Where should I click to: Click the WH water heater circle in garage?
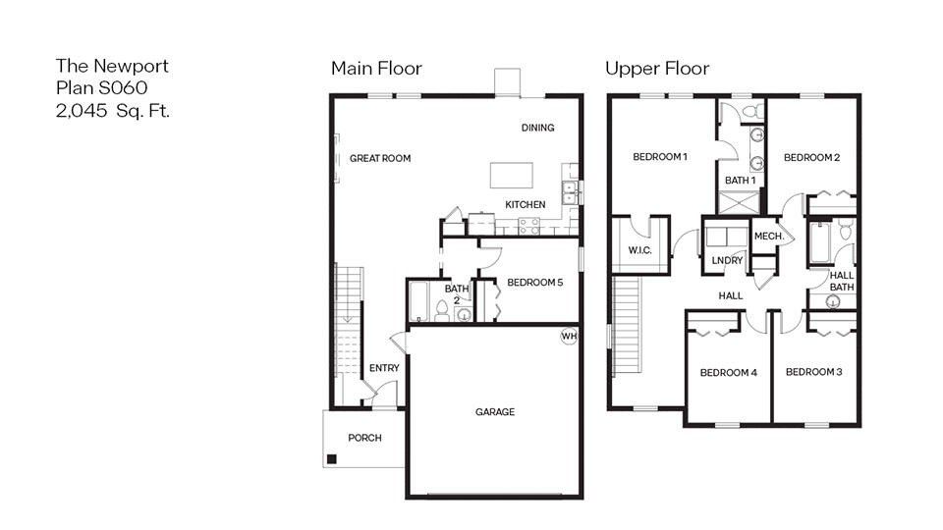click(569, 337)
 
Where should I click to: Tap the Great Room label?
click(380, 158)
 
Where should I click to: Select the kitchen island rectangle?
click(513, 175)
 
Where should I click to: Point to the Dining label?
click(537, 128)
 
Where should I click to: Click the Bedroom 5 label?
click(534, 283)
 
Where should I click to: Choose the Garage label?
click(495, 412)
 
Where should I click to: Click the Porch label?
click(364, 438)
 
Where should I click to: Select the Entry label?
click(384, 368)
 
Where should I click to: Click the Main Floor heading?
click(376, 69)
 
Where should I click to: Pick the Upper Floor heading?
click(657, 69)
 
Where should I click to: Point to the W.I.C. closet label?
click(639, 250)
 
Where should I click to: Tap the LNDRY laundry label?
click(727, 260)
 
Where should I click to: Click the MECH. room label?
click(768, 237)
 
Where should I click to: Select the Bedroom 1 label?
click(660, 157)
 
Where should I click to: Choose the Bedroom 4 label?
click(728, 373)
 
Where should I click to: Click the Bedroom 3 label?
click(814, 372)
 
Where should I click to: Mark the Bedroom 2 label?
click(811, 157)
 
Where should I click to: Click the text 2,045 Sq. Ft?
click(113, 110)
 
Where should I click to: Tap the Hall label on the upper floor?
click(730, 295)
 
